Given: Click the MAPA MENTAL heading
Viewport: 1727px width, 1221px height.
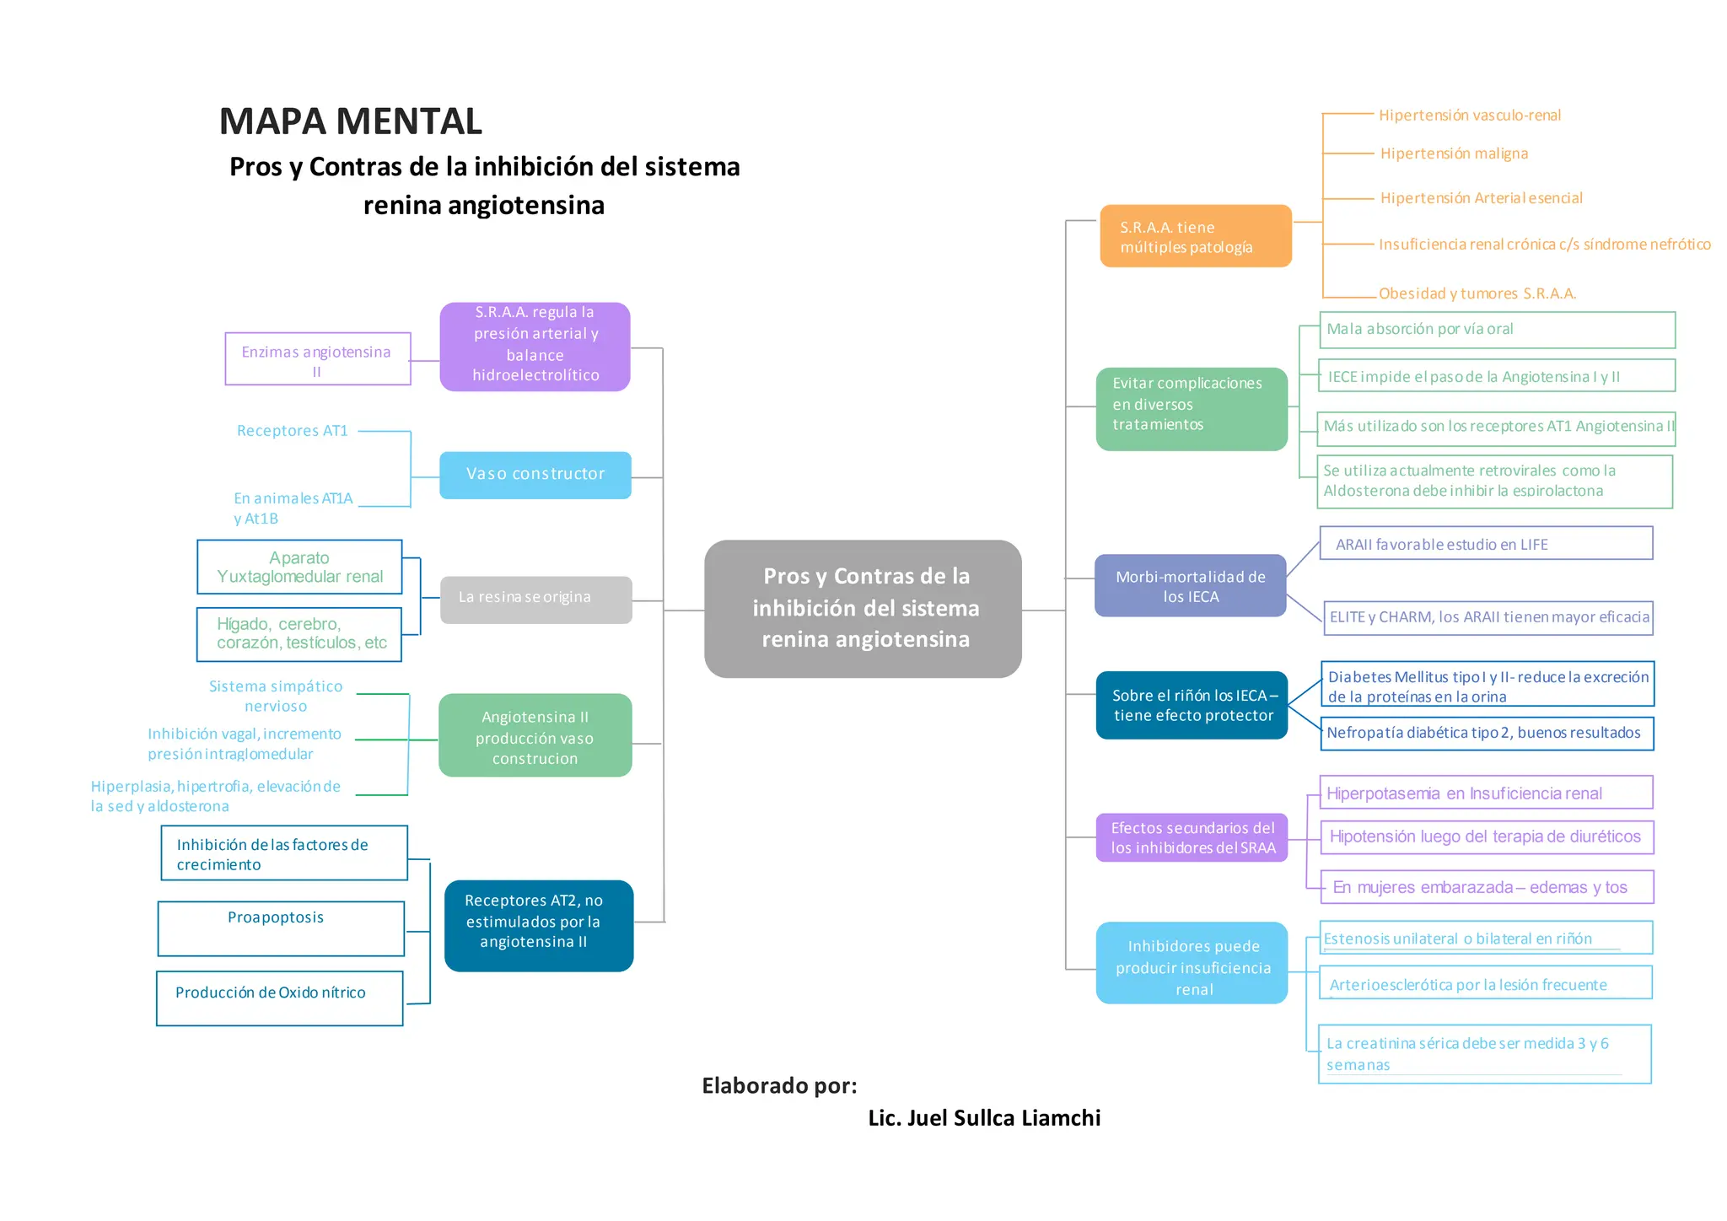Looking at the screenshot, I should tap(350, 121).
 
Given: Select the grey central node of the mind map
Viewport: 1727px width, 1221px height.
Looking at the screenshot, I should tap(863, 608).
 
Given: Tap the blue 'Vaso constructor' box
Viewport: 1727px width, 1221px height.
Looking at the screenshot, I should tap(535, 475).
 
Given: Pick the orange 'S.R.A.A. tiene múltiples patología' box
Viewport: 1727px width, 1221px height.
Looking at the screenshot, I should tap(1195, 236).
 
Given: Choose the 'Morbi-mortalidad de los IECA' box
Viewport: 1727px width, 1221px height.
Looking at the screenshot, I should tap(1190, 586).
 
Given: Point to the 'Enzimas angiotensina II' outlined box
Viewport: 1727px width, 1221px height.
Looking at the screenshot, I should tap(317, 359).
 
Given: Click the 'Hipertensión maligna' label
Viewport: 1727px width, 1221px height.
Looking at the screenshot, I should tap(1454, 153).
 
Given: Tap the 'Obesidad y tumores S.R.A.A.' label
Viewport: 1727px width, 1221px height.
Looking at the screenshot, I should tap(1477, 293).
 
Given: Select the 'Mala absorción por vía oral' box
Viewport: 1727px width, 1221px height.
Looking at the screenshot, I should tap(1496, 330).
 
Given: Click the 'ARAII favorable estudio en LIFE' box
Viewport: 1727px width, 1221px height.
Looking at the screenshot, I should tap(1485, 544).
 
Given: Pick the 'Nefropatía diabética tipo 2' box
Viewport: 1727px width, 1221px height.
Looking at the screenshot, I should tap(1486, 733).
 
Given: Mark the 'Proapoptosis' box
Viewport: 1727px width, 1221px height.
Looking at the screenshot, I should tap(281, 928).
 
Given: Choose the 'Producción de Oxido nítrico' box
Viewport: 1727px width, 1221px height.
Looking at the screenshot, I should tap(279, 998).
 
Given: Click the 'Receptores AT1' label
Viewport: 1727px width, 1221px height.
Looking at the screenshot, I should tap(292, 431).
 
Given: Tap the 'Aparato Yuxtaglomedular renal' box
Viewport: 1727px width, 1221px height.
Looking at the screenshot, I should tap(299, 567).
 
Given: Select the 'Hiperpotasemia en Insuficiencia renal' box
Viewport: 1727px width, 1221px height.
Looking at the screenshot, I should tap(1485, 793).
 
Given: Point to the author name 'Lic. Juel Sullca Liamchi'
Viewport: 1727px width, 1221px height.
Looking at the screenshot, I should tap(984, 1118).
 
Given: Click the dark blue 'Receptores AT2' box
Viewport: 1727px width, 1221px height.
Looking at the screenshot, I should tap(538, 925).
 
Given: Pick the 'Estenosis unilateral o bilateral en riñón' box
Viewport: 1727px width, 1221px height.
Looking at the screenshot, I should tap(1485, 939).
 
